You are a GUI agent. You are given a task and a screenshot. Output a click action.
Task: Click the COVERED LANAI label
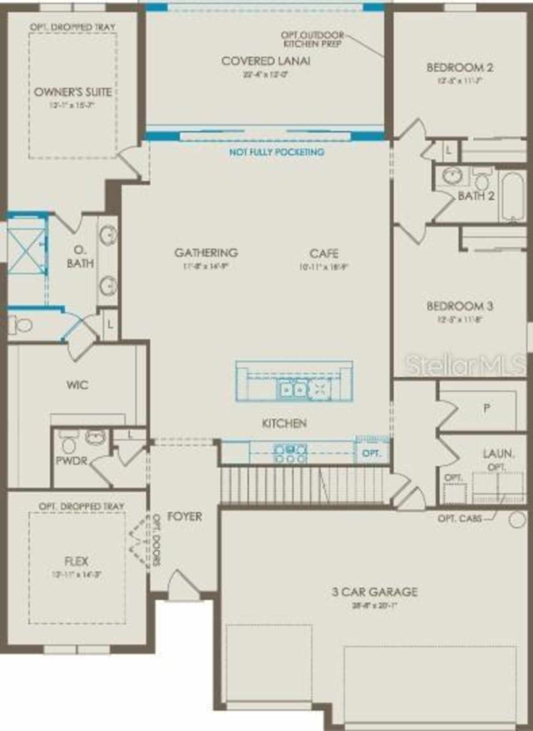(266, 61)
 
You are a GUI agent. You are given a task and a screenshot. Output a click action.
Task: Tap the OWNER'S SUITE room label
(73, 92)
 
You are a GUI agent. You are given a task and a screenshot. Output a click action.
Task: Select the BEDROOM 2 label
(460, 67)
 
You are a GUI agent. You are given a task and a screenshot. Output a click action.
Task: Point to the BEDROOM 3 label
(460, 306)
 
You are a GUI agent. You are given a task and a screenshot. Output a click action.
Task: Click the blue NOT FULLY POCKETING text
(276, 152)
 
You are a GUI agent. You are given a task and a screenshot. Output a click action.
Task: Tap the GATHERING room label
(206, 252)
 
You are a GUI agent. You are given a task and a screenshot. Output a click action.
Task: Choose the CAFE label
(324, 253)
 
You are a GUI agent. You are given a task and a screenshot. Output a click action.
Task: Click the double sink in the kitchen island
(292, 389)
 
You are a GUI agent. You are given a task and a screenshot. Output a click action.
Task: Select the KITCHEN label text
(284, 423)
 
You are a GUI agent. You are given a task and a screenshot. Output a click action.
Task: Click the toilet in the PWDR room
(69, 444)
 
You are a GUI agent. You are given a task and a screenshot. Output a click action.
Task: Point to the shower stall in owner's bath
(26, 251)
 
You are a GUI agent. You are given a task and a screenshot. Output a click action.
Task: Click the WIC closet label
(77, 385)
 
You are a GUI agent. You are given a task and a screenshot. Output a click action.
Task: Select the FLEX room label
(77, 561)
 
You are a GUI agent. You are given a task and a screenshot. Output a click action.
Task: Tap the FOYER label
(184, 516)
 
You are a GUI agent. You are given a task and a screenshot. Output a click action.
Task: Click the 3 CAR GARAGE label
(374, 591)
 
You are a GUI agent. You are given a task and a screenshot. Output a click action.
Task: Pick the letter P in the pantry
(486, 408)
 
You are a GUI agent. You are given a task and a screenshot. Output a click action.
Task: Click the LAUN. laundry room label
(498, 454)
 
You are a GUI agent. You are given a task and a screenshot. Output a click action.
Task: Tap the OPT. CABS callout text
(460, 519)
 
